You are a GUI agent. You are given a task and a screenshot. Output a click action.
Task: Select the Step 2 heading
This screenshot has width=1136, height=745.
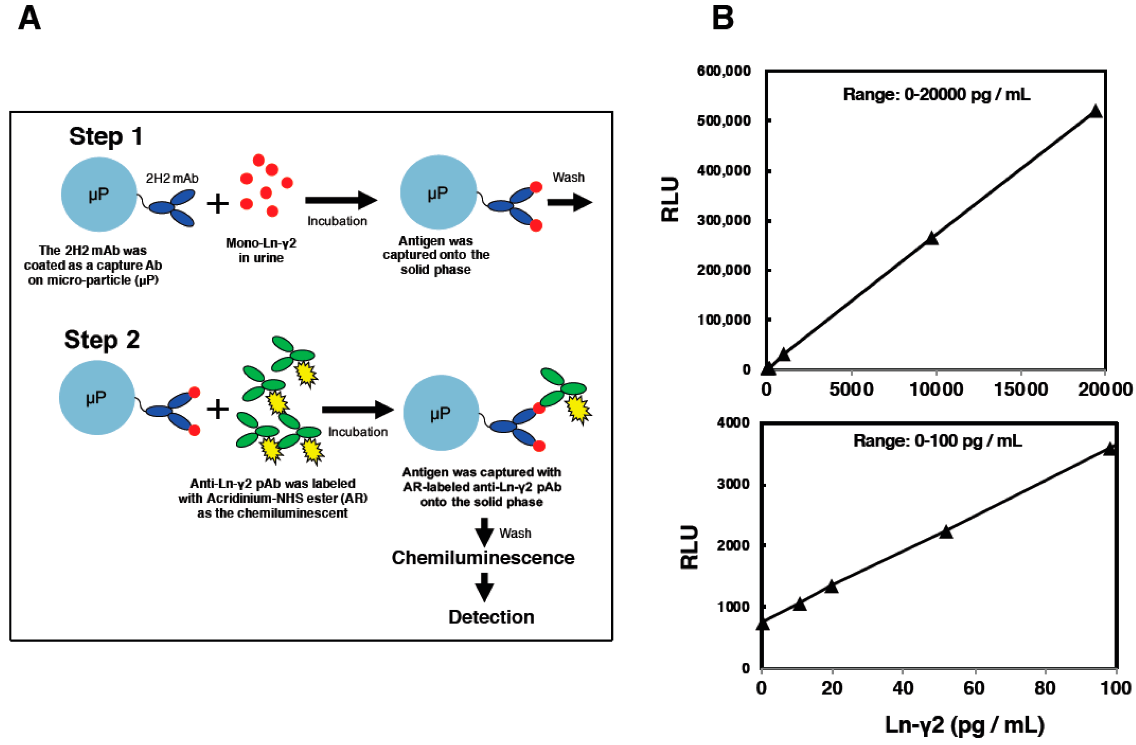coord(102,340)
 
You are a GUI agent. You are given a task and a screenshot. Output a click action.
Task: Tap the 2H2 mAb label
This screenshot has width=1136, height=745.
coord(172,179)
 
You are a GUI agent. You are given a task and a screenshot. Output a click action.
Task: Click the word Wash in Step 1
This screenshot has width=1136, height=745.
coord(568,177)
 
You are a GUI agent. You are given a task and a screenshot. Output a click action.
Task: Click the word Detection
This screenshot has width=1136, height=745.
coord(491,617)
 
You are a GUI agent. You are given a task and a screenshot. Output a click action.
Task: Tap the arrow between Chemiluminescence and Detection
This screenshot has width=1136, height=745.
coord(484,586)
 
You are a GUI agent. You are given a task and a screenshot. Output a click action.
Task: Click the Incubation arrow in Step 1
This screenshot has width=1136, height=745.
coord(341,200)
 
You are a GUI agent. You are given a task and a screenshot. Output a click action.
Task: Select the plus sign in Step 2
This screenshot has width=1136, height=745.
coord(218,409)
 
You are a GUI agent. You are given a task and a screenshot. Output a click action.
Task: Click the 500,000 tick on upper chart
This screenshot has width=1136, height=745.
coord(723,121)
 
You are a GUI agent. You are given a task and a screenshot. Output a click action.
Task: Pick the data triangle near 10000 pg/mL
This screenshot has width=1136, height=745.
coord(931,239)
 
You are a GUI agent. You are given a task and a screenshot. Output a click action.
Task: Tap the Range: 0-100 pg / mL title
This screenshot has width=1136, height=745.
coord(937,441)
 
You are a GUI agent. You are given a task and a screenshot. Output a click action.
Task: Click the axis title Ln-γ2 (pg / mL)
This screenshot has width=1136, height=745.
coord(964,725)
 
